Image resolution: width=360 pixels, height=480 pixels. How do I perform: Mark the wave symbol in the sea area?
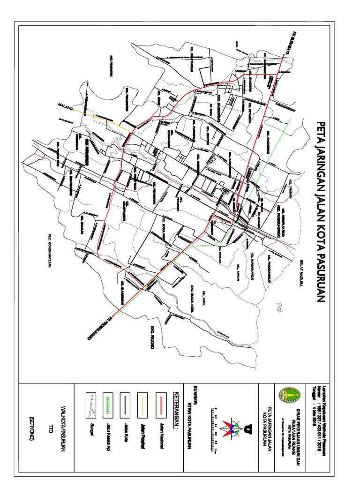(278, 307)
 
